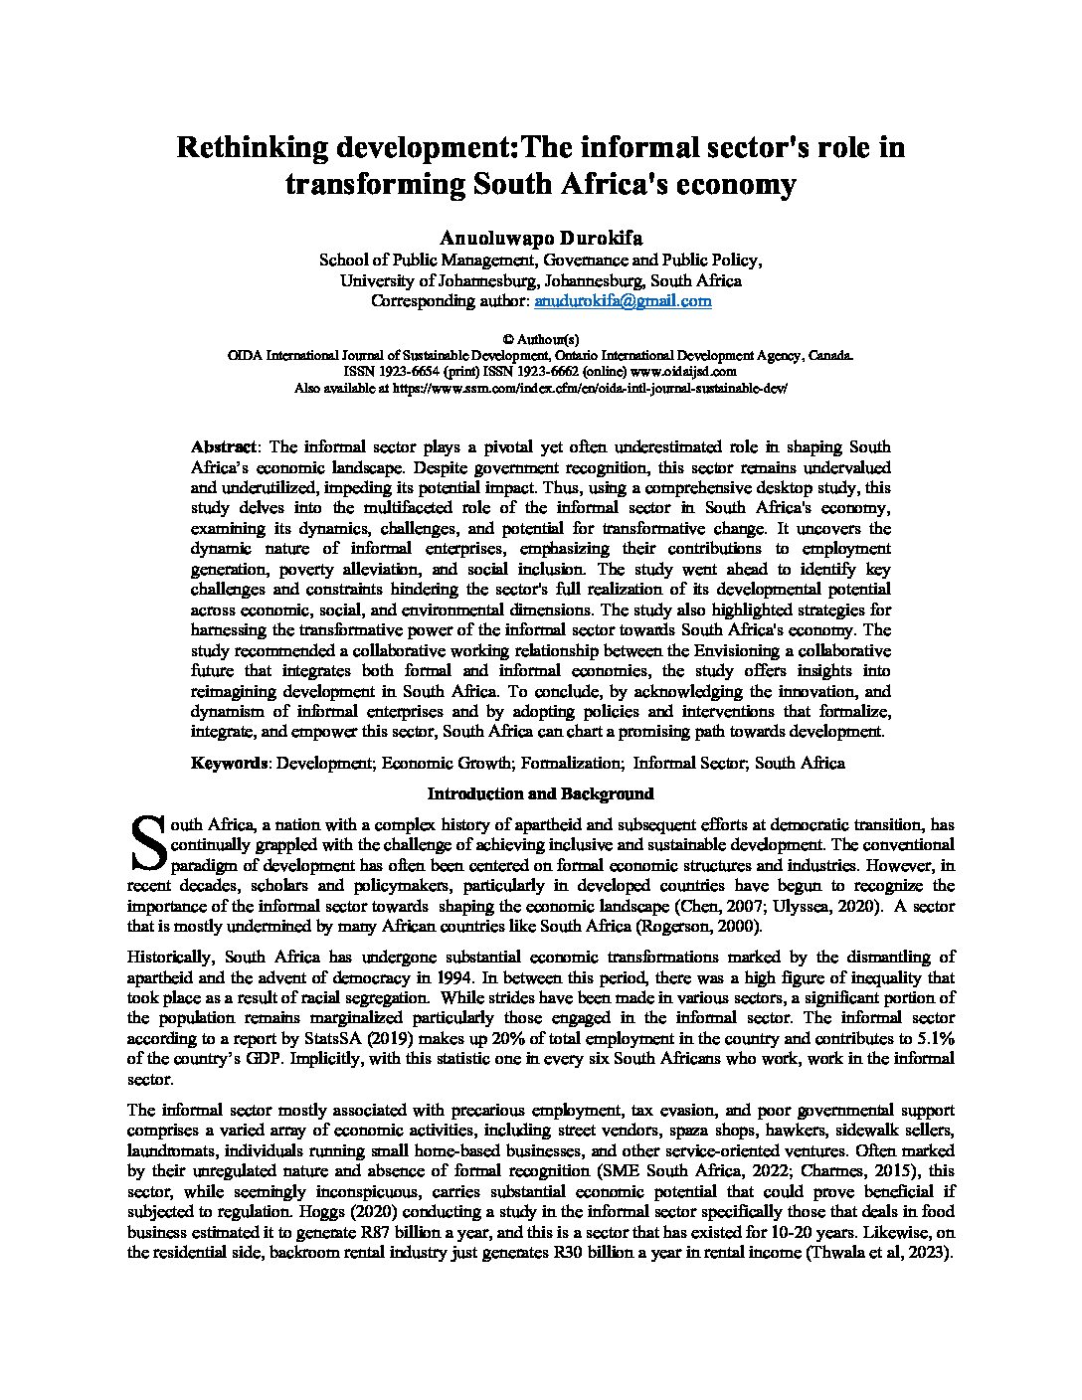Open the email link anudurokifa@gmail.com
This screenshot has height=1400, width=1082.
[x=623, y=300]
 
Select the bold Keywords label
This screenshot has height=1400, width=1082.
[x=229, y=764]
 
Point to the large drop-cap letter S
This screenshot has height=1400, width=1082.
[x=146, y=843]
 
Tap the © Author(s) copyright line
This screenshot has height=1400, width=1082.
[x=540, y=339]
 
